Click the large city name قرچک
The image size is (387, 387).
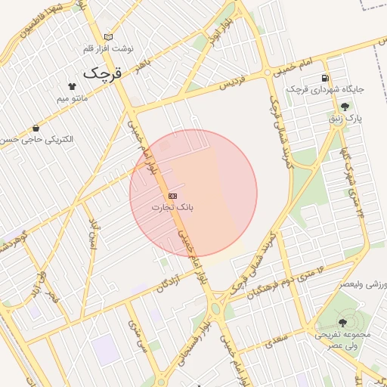(102, 73)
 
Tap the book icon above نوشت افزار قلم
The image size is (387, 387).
(108, 36)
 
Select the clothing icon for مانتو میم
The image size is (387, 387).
(72, 86)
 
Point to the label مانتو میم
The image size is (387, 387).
(73, 98)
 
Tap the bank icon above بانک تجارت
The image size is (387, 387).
(173, 195)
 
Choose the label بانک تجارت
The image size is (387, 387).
(172, 206)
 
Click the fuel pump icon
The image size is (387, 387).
(325, 77)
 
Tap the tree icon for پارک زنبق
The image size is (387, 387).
(345, 107)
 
